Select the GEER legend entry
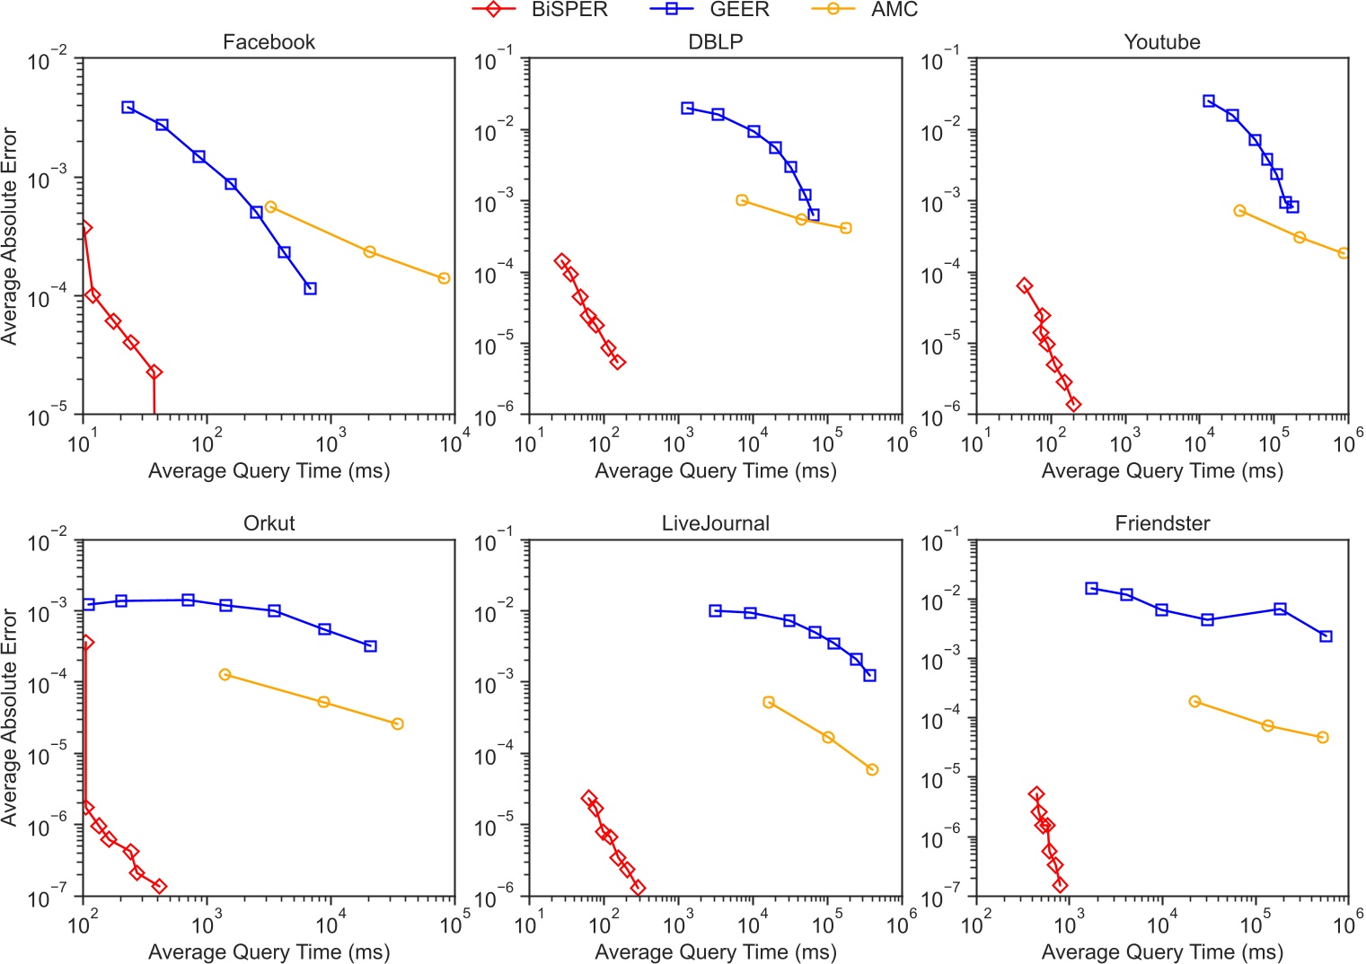pos(709,10)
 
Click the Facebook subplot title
pos(269,42)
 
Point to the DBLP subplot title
pos(715,42)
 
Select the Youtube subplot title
pos(1161,42)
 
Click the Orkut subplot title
pos(269,523)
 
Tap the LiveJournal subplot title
pos(715,523)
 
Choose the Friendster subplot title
pos(1161,523)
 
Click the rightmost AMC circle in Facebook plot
pos(444,278)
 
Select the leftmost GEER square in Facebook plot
pos(128,108)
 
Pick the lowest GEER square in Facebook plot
pos(310,288)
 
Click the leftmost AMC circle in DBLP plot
pos(742,200)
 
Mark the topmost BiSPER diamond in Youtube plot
pos(1024,285)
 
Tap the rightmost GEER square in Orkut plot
pos(370,646)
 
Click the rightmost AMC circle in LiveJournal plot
pos(872,769)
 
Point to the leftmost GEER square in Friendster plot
pos(1091,589)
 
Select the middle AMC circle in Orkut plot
pos(324,702)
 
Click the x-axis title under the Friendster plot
pos(1161,951)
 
